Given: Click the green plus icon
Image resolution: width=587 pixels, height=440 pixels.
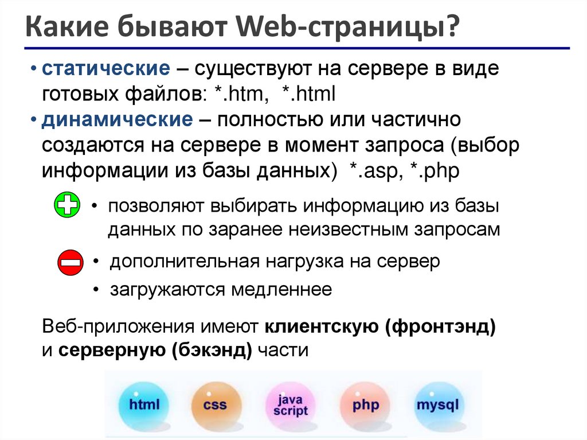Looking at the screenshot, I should (x=68, y=204).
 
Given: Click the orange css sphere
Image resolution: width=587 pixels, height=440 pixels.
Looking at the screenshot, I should (x=214, y=405).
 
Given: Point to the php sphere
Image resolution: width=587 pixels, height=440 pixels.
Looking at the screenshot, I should (x=365, y=405).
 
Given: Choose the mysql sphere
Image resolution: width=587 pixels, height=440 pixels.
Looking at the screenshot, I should (x=437, y=405).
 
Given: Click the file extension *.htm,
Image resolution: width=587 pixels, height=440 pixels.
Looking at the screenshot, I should (x=241, y=94).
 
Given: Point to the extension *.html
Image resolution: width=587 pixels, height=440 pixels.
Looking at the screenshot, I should (x=307, y=94).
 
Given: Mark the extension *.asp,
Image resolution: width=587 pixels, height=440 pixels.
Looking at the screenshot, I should (x=376, y=171).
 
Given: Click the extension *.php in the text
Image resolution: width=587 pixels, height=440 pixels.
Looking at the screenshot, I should (x=435, y=171).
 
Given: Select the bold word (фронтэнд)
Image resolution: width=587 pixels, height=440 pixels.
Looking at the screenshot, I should (x=440, y=327).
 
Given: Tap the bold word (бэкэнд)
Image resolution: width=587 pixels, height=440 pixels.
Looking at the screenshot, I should (x=212, y=350).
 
